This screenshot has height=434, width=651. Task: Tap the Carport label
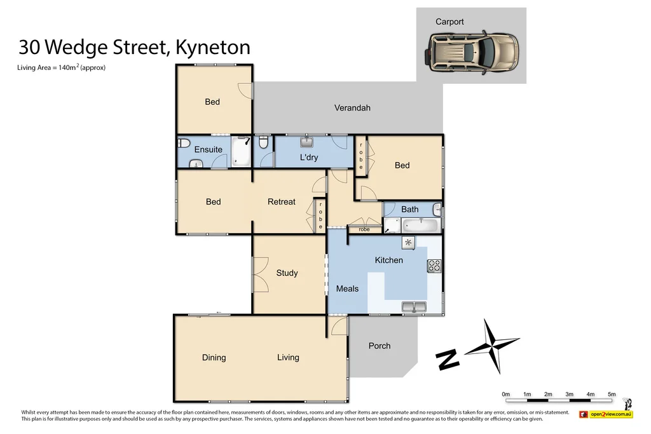449,22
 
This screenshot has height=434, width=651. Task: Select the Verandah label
352,108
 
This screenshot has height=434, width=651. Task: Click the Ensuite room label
208,150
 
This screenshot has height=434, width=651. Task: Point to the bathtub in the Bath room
420,224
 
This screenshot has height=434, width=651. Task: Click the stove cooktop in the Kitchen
434,266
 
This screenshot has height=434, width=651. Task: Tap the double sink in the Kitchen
415,308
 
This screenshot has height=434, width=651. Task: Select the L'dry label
309,157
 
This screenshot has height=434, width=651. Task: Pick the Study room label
287,273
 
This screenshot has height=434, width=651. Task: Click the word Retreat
281,202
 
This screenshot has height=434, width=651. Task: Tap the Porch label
380,346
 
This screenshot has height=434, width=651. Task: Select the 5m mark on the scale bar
612,395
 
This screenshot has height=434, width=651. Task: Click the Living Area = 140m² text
61,67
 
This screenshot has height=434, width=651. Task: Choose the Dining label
214,358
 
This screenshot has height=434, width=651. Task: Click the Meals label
347,289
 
